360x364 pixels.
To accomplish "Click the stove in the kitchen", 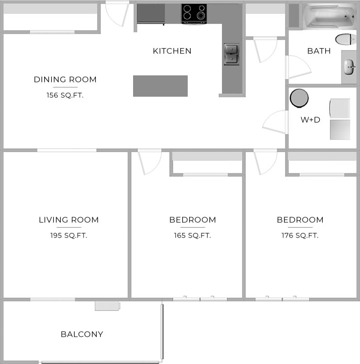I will pos(194,13).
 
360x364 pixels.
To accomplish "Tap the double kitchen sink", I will pos(231,54).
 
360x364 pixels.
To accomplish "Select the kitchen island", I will pos(160,86).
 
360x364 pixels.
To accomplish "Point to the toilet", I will pos(345,39).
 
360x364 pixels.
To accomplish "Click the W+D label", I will pos(310,120).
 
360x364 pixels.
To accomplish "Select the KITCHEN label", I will pos(172,51).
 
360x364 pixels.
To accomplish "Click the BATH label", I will pos(319,51).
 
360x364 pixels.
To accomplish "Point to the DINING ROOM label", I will pos(65,79).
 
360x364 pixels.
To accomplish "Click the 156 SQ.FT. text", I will pos(65,95).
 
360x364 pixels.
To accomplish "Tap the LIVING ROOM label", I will pos(69,220).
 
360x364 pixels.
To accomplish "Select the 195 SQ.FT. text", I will pos(69,236).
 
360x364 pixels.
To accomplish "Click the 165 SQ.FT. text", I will pos(193,236).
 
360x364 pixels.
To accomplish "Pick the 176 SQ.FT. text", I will pos(300,236).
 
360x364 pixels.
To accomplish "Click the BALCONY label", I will pos(82,334).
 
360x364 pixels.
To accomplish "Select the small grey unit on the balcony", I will pos(107,305).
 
